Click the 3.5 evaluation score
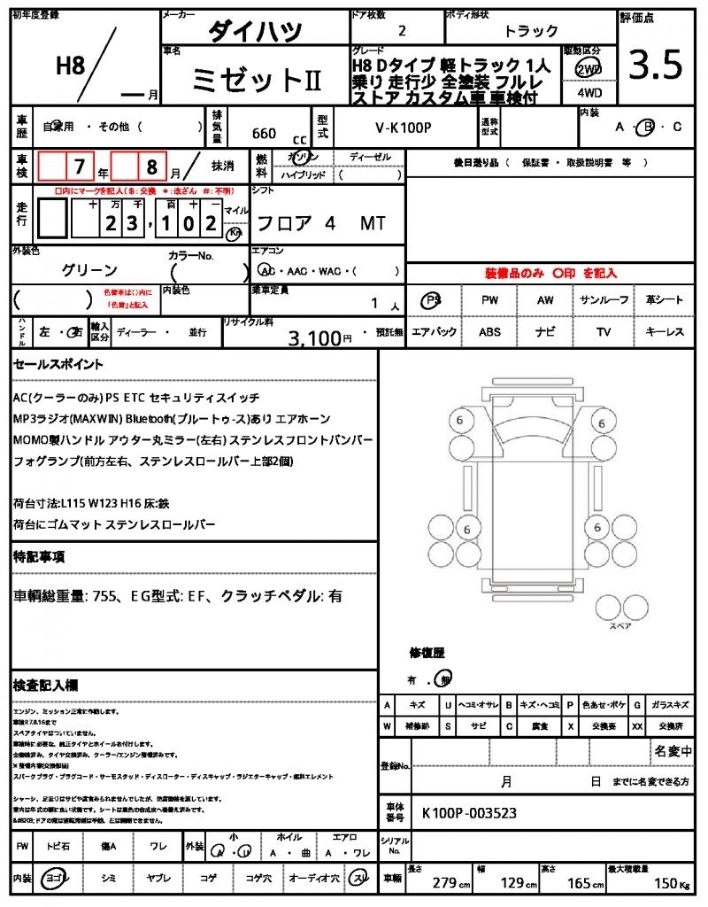pyautogui.click(x=655, y=65)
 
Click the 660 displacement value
pyautogui.click(x=264, y=134)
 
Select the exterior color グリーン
pyautogui.click(x=89, y=269)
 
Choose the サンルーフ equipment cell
pyautogui.click(x=604, y=300)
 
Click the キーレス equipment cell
pyautogui.click(x=665, y=332)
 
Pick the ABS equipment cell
pyautogui.click(x=490, y=332)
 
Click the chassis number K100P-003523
pyautogui.click(x=469, y=812)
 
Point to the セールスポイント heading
pyautogui.click(x=58, y=364)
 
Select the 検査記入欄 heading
pyautogui.click(x=45, y=685)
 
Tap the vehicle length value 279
pyautogui.click(x=443, y=883)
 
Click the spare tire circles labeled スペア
pyautogui.click(x=619, y=609)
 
